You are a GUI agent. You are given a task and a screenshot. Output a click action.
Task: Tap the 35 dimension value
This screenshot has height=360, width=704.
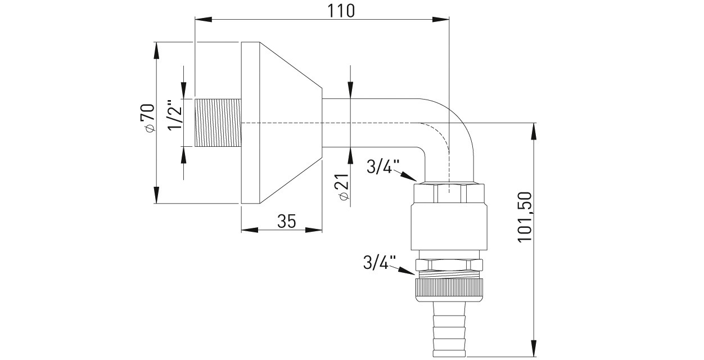pos(286,222)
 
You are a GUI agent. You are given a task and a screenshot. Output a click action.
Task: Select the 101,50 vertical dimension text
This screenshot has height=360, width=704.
pos(525,217)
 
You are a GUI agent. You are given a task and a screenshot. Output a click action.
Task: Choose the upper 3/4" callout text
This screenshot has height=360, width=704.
pos(383,167)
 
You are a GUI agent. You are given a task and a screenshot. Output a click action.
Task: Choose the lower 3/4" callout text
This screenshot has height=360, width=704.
pos(380,262)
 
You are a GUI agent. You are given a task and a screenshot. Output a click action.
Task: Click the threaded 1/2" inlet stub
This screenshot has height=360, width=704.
pos(218,123)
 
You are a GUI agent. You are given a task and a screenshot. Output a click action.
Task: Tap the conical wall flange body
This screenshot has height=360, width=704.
pos(281,123)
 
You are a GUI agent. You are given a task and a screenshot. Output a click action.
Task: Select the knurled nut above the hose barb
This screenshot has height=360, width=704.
pos(449,288)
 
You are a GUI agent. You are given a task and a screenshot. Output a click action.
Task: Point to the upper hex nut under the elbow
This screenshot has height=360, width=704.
pos(449,193)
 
